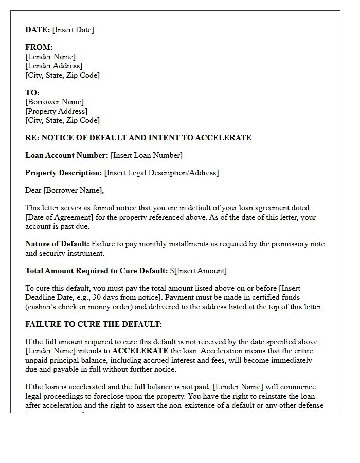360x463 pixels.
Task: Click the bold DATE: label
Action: click(x=38, y=30)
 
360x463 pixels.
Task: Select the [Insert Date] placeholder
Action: click(x=73, y=30)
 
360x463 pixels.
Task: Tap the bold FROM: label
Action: click(x=39, y=47)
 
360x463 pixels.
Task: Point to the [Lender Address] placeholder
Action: click(x=53, y=66)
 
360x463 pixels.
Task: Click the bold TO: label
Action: click(x=32, y=93)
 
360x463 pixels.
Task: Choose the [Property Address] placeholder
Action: click(x=56, y=111)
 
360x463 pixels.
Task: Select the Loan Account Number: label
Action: click(x=67, y=155)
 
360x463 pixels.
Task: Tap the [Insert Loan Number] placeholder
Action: click(x=147, y=155)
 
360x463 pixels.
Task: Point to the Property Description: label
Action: click(x=63, y=173)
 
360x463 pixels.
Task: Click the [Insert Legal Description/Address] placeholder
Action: click(x=161, y=173)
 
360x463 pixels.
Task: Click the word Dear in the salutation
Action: click(x=33, y=190)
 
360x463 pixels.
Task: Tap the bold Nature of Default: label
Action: click(x=57, y=244)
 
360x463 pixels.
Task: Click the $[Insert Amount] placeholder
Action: click(x=198, y=271)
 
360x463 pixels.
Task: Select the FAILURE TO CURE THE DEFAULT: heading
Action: click(x=94, y=324)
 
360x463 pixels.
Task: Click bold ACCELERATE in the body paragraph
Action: click(x=140, y=351)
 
